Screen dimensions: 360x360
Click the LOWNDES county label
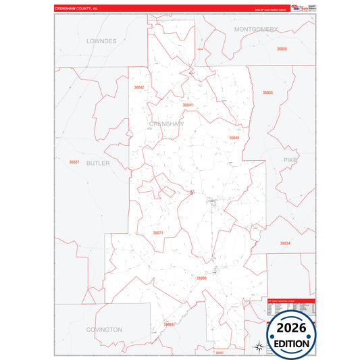coord(101,41)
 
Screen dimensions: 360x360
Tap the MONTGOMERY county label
coord(256,30)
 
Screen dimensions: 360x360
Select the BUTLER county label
coord(98,163)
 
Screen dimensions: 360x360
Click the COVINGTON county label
coord(104,330)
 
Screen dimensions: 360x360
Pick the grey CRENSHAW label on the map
coord(164,124)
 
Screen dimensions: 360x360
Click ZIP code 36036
coord(282,49)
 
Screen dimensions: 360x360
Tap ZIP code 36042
coord(139,87)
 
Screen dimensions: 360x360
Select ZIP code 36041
coord(188,105)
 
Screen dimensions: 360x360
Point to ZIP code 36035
coord(267,92)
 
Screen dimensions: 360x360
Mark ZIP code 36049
coord(234,138)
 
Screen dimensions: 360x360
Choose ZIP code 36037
coord(74,161)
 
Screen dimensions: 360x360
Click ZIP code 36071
coord(158,232)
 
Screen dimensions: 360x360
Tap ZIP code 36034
coord(285,243)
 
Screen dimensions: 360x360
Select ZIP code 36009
coord(201,278)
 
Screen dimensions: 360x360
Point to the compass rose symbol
coord(259,347)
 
